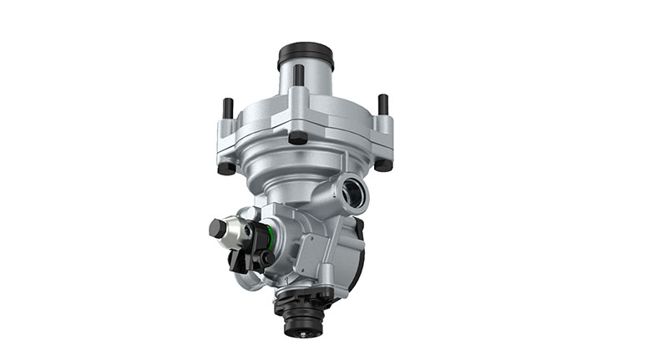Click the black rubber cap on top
305,56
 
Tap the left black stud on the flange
227,109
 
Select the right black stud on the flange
382,104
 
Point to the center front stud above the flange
298,76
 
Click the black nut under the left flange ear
225,168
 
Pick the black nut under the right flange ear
383,165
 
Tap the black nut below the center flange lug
298,139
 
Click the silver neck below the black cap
305,84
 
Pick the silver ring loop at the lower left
246,281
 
